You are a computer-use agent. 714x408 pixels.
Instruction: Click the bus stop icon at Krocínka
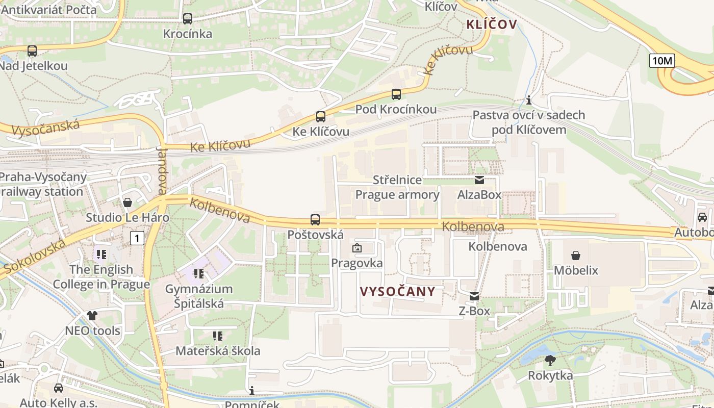coord(187,19)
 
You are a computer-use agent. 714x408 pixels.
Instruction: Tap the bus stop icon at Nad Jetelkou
coord(32,51)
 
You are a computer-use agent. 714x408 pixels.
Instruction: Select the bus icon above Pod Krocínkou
coord(396,94)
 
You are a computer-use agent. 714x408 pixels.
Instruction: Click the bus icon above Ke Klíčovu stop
coord(320,117)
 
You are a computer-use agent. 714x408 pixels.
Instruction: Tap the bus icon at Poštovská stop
coord(315,220)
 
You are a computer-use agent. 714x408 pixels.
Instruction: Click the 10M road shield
coord(662,61)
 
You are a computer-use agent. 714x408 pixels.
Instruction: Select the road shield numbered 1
coord(137,238)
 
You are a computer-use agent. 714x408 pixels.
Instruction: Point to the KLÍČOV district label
coord(491,24)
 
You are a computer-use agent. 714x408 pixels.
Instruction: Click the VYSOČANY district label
coord(398,292)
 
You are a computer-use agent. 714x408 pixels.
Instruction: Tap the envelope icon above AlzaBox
coord(479,180)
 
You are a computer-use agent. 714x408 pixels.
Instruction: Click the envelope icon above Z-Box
coord(474,296)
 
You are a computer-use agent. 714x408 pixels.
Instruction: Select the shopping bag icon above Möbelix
coord(576,255)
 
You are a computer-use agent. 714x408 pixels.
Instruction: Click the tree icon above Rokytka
coord(550,361)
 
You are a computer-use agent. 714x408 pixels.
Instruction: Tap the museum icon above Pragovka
coord(356,248)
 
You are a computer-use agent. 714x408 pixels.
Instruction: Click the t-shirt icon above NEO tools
coord(92,316)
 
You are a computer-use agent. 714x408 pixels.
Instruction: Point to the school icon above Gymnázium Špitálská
coord(199,274)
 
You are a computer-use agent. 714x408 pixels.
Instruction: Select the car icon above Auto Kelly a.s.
coord(59,388)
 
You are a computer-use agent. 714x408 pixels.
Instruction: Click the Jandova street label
coord(162,171)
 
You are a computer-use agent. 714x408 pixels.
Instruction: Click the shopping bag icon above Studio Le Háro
coord(127,203)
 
